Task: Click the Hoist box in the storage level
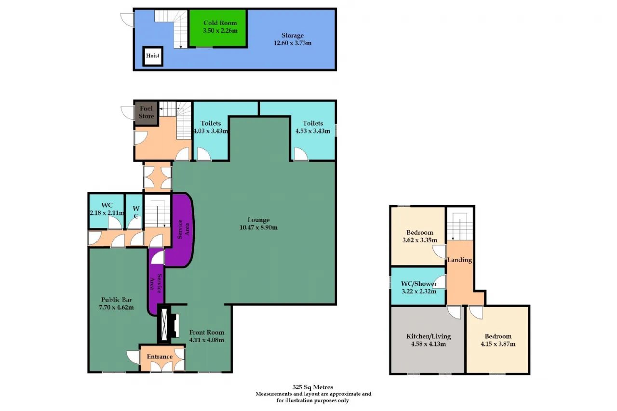(153, 56)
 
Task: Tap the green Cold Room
(218, 28)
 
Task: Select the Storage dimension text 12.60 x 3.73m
(292, 43)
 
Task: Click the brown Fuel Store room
(146, 113)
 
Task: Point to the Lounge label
(258, 220)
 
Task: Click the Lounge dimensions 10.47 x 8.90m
(258, 227)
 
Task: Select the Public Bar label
(116, 300)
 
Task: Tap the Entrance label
(160, 357)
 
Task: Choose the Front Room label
(207, 332)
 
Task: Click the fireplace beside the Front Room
(169, 325)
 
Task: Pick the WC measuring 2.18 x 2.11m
(107, 211)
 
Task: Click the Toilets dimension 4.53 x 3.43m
(313, 131)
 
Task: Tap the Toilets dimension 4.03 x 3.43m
(211, 131)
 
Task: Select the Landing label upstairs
(459, 260)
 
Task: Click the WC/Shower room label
(419, 284)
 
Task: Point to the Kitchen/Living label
(429, 336)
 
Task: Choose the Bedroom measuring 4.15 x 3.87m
(498, 340)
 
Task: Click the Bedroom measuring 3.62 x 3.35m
(418, 236)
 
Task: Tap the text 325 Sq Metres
(313, 387)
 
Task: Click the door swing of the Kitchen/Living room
(454, 312)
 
